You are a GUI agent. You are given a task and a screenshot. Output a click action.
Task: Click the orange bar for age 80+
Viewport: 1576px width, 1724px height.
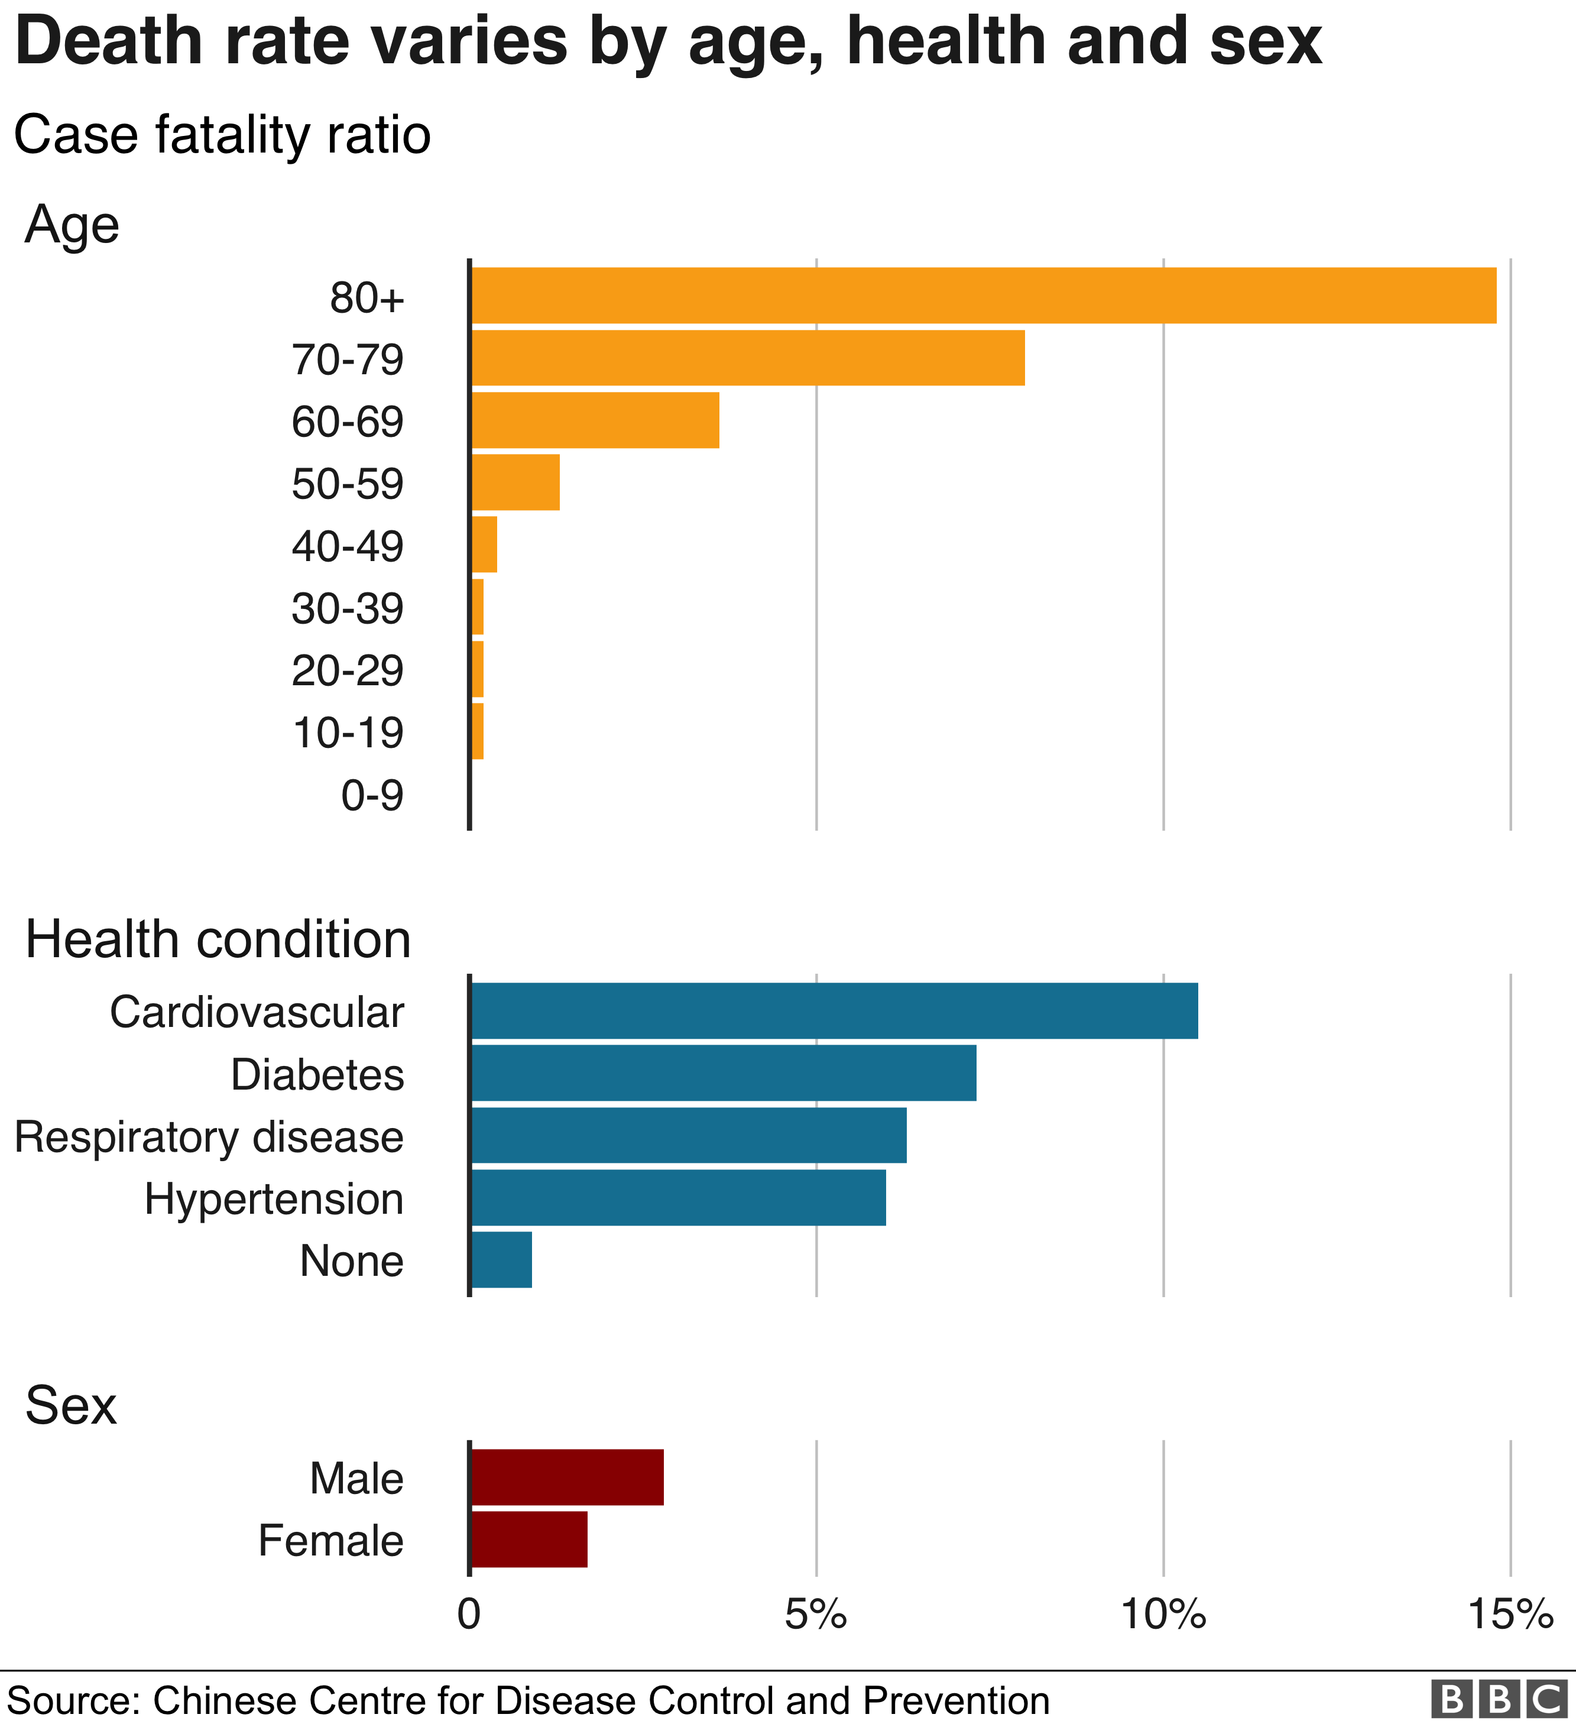click(x=984, y=296)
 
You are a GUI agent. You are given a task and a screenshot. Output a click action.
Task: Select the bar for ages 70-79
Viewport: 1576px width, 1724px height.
click(x=748, y=358)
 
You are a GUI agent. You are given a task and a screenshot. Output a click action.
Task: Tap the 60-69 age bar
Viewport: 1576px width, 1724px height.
click(x=595, y=420)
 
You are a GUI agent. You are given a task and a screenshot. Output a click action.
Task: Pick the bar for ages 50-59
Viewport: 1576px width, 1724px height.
click(x=515, y=482)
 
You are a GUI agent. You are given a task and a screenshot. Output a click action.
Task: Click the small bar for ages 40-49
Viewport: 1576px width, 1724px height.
click(x=485, y=545)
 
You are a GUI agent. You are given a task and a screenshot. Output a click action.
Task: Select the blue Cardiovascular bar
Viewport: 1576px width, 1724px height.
click(x=835, y=1011)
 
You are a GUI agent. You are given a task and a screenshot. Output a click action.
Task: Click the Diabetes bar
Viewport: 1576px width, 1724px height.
click(x=724, y=1072)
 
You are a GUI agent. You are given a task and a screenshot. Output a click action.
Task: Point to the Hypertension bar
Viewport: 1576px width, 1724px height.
click(x=678, y=1197)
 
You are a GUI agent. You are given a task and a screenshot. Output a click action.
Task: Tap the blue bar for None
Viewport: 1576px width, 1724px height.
click(x=502, y=1260)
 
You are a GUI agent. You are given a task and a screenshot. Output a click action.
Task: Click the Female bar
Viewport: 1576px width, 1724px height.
click(x=529, y=1540)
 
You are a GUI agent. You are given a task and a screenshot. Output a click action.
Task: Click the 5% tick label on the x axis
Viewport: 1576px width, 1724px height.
click(x=816, y=1615)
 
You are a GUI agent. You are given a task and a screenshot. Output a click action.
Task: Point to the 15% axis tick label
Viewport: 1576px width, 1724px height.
click(x=1510, y=1615)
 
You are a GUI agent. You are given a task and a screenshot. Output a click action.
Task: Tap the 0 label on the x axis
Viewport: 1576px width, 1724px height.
click(x=469, y=1615)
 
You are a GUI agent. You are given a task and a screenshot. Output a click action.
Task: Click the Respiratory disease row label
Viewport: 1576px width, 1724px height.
click(x=209, y=1138)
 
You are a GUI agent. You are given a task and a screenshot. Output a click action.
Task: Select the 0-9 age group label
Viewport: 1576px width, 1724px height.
click(x=372, y=795)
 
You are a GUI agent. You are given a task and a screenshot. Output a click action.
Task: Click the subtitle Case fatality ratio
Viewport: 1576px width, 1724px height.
click(x=222, y=135)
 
